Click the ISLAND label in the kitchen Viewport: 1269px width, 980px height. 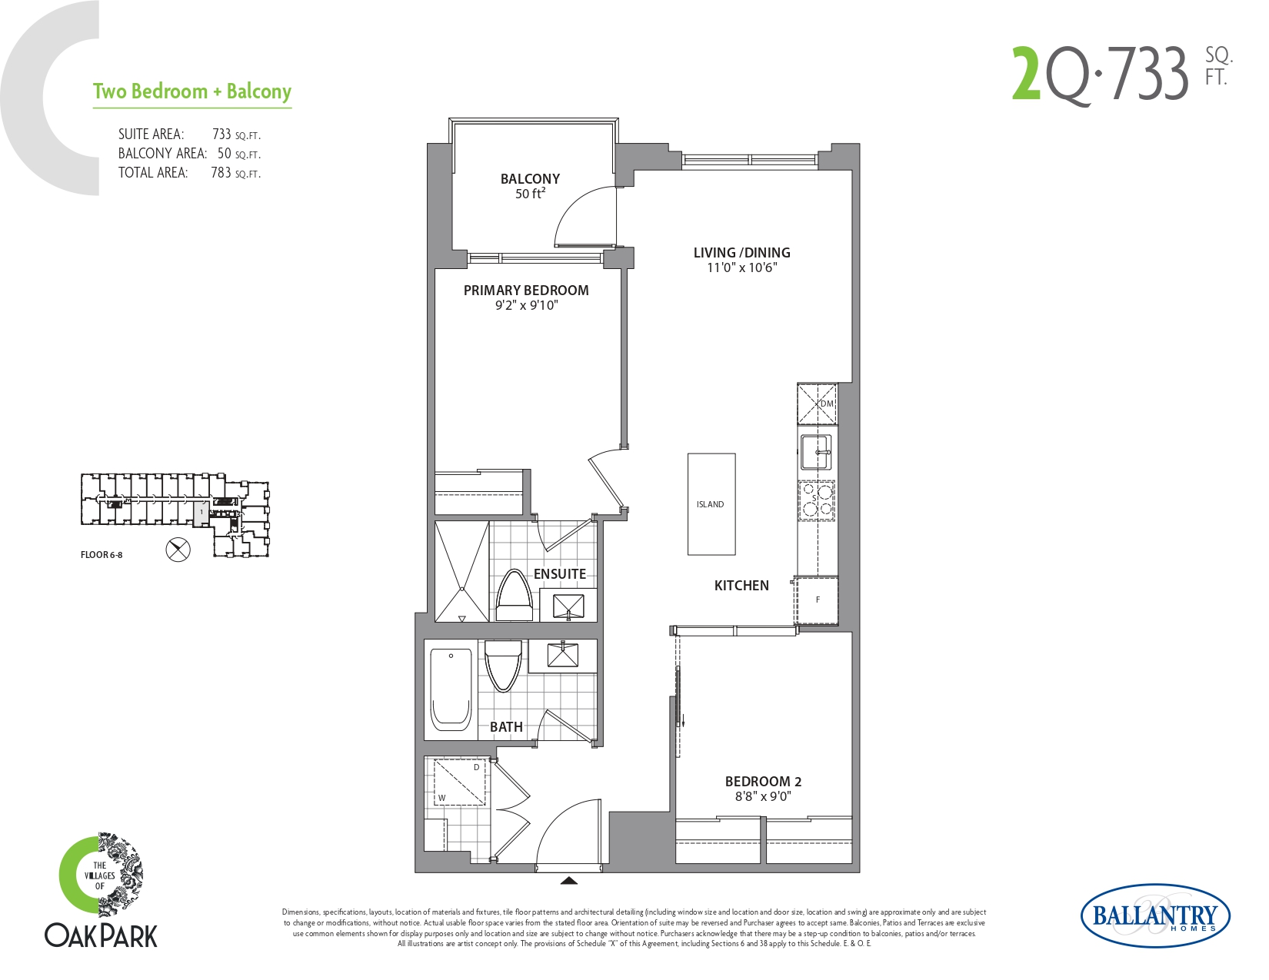tap(710, 504)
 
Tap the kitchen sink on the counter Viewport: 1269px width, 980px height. tap(815, 452)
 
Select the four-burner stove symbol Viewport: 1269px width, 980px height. tap(817, 500)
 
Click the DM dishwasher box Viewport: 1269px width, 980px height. tap(817, 404)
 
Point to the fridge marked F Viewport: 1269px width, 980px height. tap(817, 600)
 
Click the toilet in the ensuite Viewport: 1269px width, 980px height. tap(514, 596)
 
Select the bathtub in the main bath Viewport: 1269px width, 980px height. tap(451, 689)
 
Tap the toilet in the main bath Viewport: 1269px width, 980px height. tap(503, 666)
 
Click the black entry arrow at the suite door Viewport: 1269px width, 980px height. tap(569, 881)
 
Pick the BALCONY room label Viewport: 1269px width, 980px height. tap(530, 178)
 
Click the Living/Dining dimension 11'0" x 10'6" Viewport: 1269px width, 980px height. tap(741, 267)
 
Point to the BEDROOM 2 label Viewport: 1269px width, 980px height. tap(763, 781)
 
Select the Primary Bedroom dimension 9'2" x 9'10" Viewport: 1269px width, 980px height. tap(526, 304)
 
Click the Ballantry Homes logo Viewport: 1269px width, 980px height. tap(1156, 915)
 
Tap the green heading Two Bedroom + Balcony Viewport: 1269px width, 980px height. tap(192, 91)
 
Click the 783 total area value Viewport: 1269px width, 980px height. tap(221, 172)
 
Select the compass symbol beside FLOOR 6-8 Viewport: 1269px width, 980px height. tap(178, 550)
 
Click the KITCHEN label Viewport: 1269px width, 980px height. tap(741, 586)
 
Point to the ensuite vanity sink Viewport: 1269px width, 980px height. tap(568, 606)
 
